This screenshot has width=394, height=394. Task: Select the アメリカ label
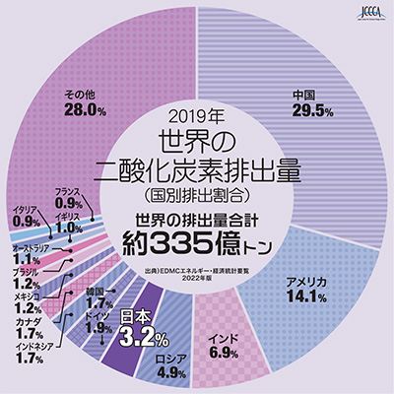(x=305, y=282)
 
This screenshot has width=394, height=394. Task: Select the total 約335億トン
(x=198, y=239)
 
